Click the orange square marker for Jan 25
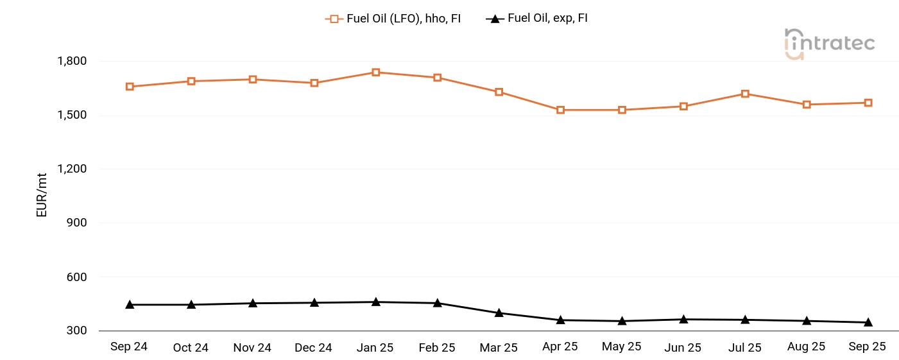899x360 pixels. [376, 73]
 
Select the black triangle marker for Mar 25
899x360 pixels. [499, 313]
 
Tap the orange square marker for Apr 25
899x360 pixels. [561, 110]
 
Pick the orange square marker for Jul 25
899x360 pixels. [745, 94]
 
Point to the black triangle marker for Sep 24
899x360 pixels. [130, 304]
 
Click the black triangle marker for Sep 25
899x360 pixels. [868, 322]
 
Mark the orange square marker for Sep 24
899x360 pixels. [130, 87]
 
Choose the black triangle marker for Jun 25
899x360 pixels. [684, 319]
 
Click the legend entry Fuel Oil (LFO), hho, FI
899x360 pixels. [393, 19]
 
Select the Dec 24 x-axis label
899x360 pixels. [314, 348]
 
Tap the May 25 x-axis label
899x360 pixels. [622, 347]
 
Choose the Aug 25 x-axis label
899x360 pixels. [806, 347]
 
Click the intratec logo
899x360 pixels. [829, 44]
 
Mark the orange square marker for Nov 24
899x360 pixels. [253, 80]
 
